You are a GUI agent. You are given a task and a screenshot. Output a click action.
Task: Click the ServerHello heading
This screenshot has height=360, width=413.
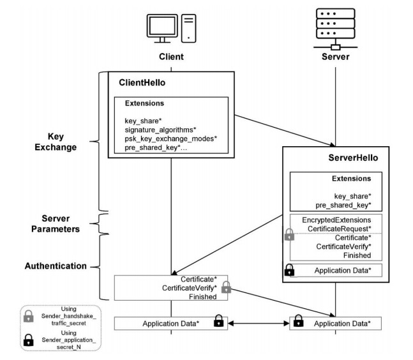pyautogui.click(x=347, y=158)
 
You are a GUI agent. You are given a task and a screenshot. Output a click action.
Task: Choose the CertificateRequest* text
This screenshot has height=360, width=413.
pyautogui.click(x=340, y=228)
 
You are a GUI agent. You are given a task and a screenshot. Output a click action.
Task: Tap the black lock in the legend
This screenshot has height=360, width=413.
pyautogui.click(x=29, y=340)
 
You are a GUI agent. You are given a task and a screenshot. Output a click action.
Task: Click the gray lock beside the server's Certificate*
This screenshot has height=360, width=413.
pyautogui.click(x=290, y=236)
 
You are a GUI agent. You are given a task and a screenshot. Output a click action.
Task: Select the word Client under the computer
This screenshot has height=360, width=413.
pyautogui.click(x=171, y=57)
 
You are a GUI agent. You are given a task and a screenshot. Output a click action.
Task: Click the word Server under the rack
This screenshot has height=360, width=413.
pyautogui.click(x=336, y=57)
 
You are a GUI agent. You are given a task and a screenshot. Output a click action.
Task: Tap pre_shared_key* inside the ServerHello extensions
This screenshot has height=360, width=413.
pyautogui.click(x=343, y=204)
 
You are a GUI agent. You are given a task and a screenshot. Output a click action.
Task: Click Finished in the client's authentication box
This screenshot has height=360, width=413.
pyautogui.click(x=202, y=297)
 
